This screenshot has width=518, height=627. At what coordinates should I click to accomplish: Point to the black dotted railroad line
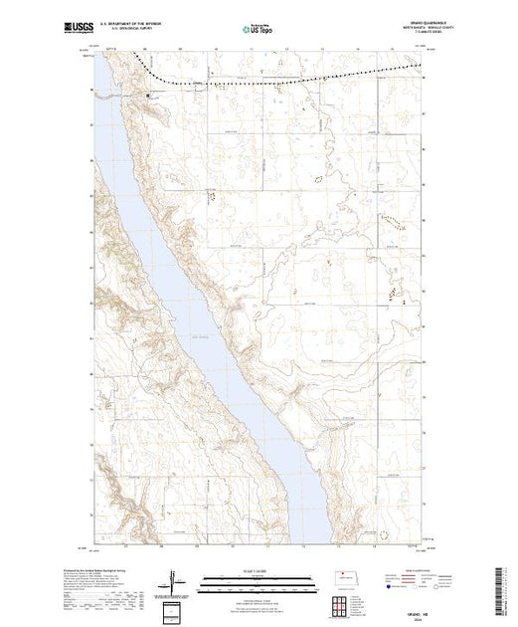(298, 74)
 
